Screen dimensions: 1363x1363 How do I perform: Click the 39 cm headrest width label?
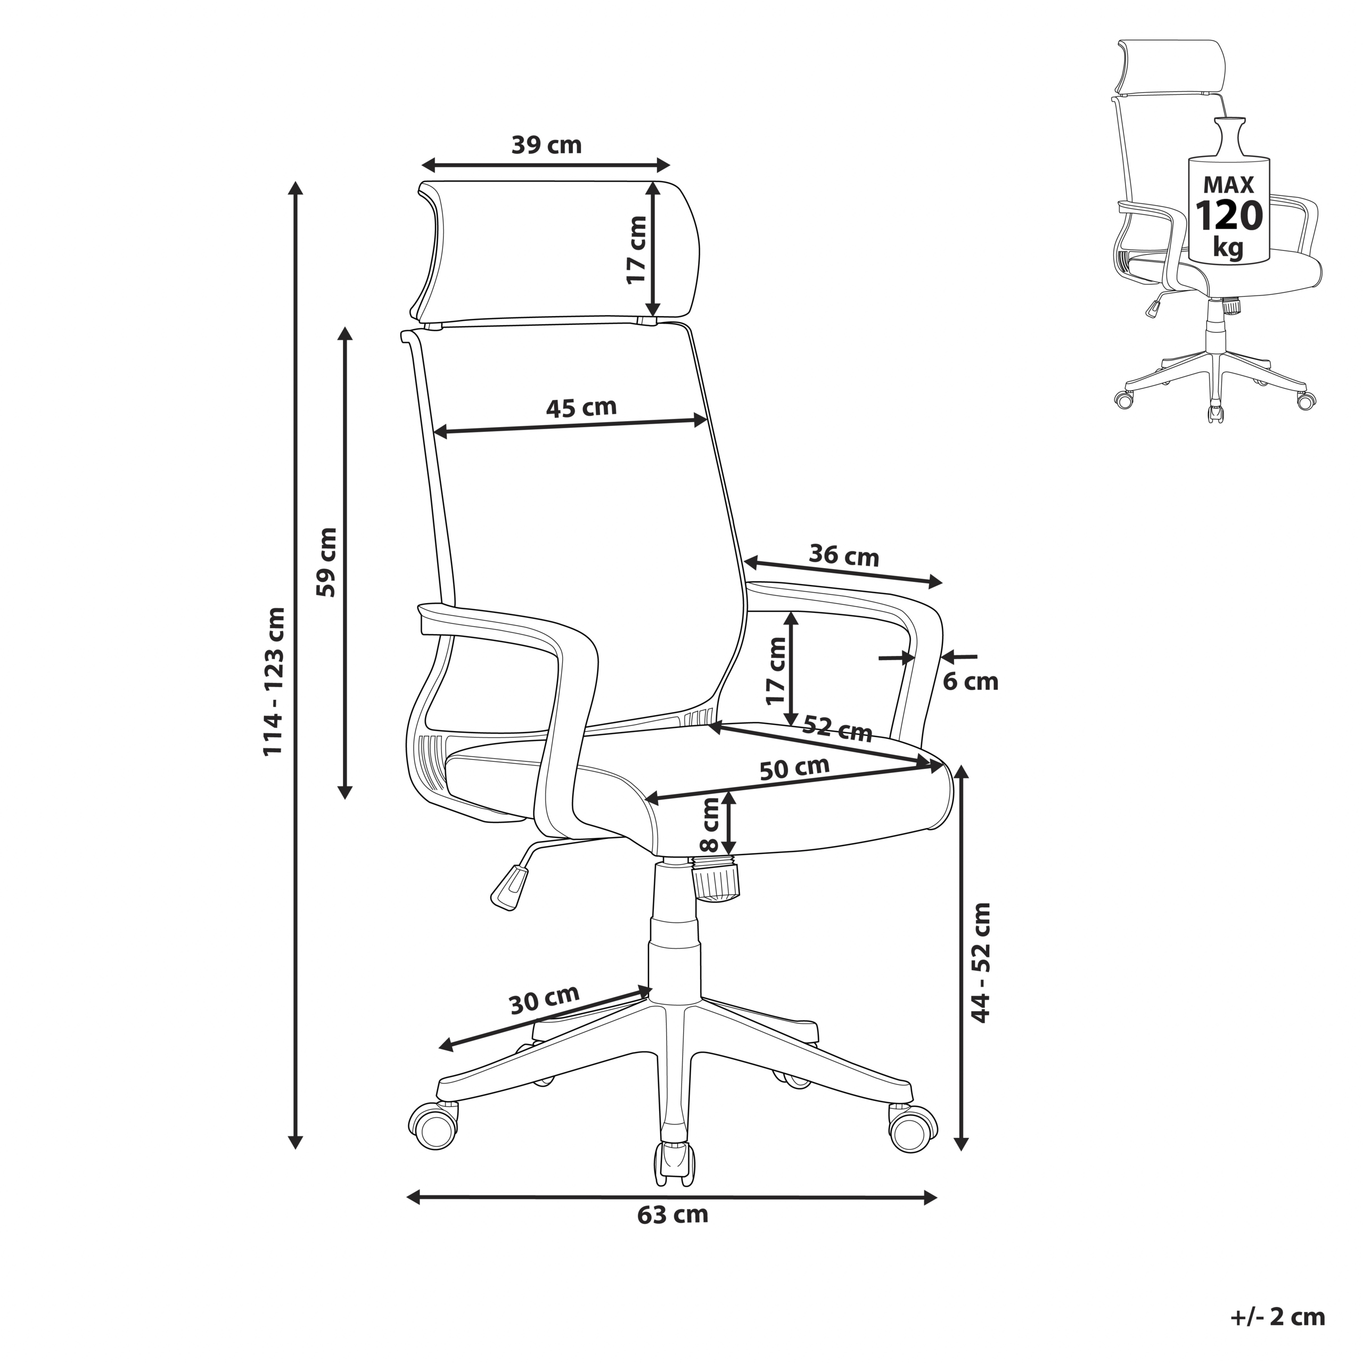(547, 145)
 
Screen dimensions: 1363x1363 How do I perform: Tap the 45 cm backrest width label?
(581, 407)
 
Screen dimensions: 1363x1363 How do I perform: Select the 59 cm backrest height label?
(326, 562)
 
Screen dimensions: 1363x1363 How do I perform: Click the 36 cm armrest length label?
(844, 556)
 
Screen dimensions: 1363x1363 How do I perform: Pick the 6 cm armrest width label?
(971, 682)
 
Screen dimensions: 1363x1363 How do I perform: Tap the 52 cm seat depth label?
(838, 729)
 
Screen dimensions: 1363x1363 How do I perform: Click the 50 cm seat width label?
(794, 768)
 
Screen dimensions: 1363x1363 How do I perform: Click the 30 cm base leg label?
(544, 999)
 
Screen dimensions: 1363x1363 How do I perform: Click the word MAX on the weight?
(1228, 185)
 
